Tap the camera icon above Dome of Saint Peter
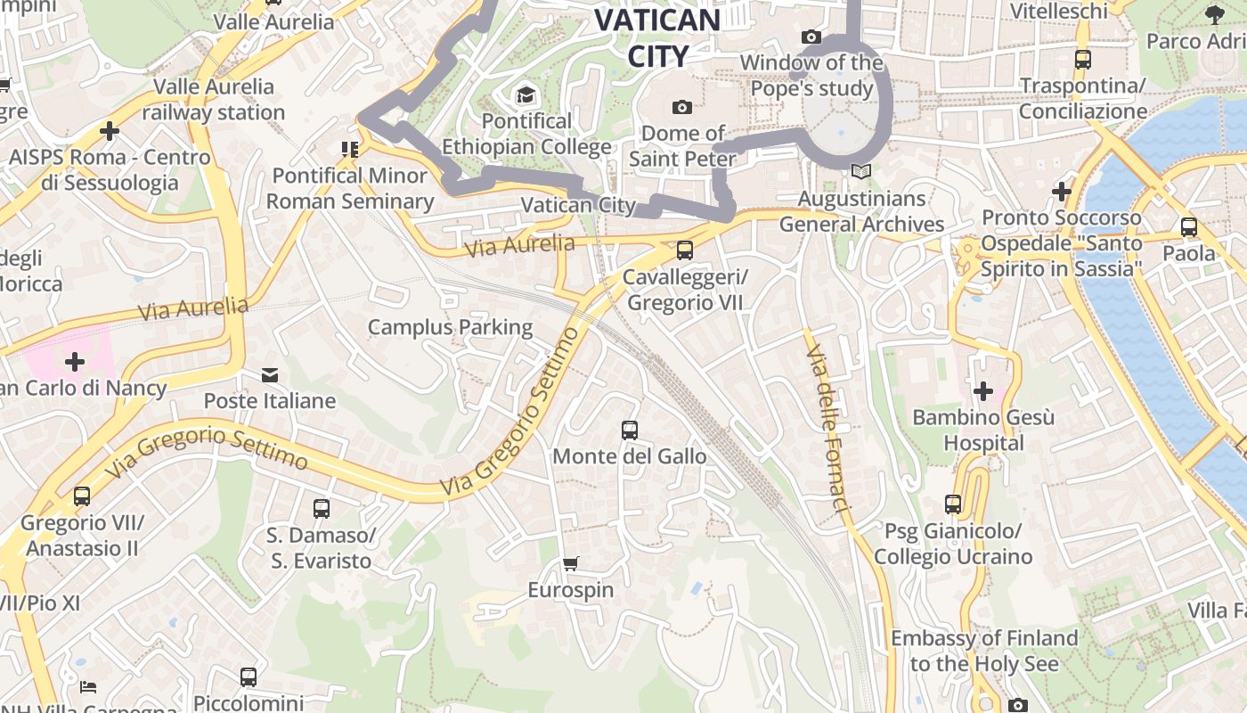coord(682,107)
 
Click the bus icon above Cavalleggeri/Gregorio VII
coord(684,250)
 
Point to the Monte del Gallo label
coord(629,456)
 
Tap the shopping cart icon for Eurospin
coord(571,563)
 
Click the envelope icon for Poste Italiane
coord(269,375)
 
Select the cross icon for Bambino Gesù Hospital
coord(983,391)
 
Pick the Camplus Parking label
coord(450,327)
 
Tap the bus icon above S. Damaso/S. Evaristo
coord(322,509)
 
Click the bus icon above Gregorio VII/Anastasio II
coord(82,496)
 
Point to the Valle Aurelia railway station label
coord(214,99)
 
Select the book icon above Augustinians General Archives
coord(860,171)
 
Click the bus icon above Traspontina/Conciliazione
coord(1083,61)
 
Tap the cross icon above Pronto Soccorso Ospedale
coord(1061,192)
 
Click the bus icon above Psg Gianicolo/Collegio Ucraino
coord(953,504)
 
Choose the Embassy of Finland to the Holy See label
coord(984,651)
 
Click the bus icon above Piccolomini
coord(249,677)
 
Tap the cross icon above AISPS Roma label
coord(110,131)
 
